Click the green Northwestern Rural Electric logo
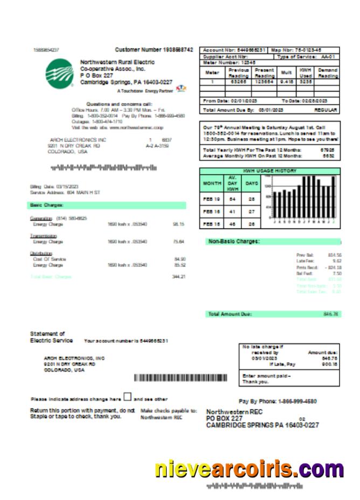[x=60, y=74]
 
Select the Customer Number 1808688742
[x=154, y=50]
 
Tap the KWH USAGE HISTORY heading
[x=269, y=171]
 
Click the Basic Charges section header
[x=47, y=205]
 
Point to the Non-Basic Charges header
[x=234, y=241]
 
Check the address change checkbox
[x=127, y=397]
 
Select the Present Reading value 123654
[x=264, y=81]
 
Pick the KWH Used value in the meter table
[x=305, y=81]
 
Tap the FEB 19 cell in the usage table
[x=211, y=199]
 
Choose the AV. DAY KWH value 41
[x=233, y=212]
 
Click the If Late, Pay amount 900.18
[x=329, y=364]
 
